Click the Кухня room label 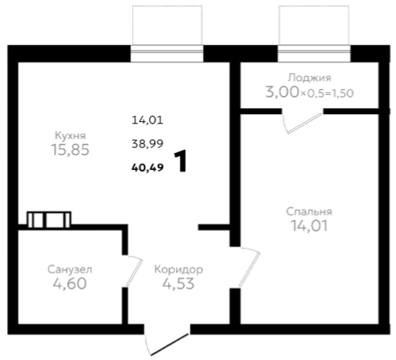coord(70,135)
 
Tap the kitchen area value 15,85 coord(70,150)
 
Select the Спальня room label coord(309,212)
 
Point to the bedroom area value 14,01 coord(309,226)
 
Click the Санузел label coord(69,270)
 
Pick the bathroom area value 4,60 coord(69,284)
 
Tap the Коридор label coord(178,270)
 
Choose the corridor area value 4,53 coord(178,284)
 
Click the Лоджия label coord(310,77)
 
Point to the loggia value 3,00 coord(282,92)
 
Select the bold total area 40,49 coord(147,168)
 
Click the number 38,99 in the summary coord(147,144)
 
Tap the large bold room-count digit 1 coord(181,161)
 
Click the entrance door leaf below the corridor coord(170,345)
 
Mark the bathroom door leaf coord(134,273)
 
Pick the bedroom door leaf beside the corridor coord(249,270)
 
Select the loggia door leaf coord(305,124)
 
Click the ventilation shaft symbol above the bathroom coord(49,220)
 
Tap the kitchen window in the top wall coord(167,53)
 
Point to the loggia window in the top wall coord(314,53)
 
